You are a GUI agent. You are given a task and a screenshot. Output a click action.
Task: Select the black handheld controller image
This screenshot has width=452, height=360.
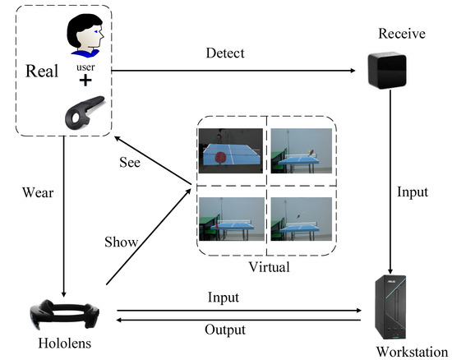click(84, 112)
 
